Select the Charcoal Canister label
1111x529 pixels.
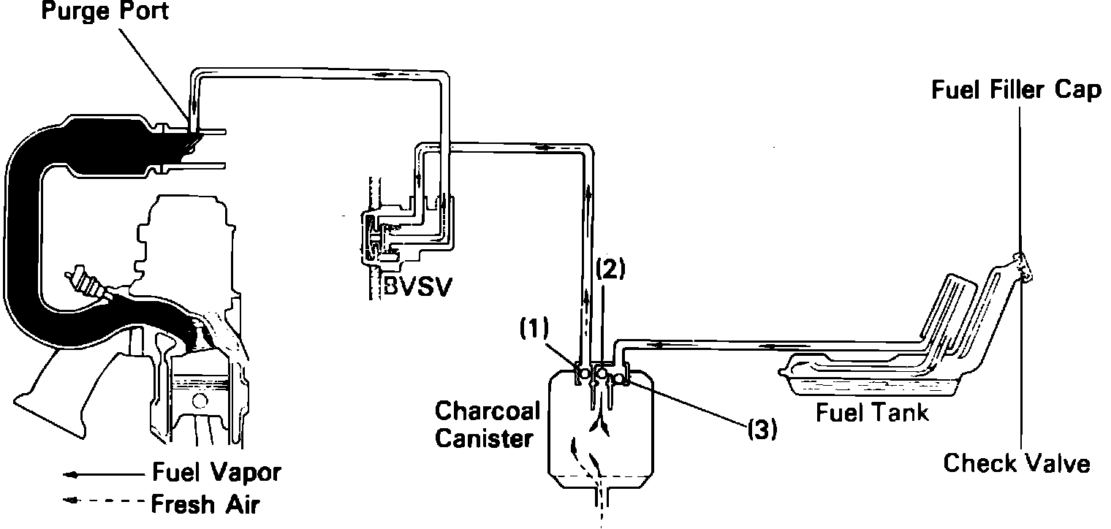point(487,424)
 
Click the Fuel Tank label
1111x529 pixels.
point(872,413)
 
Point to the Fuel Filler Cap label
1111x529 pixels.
point(1017,91)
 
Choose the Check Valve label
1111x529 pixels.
point(1017,463)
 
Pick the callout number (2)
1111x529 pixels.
point(610,270)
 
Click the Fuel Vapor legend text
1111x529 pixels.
point(216,472)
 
